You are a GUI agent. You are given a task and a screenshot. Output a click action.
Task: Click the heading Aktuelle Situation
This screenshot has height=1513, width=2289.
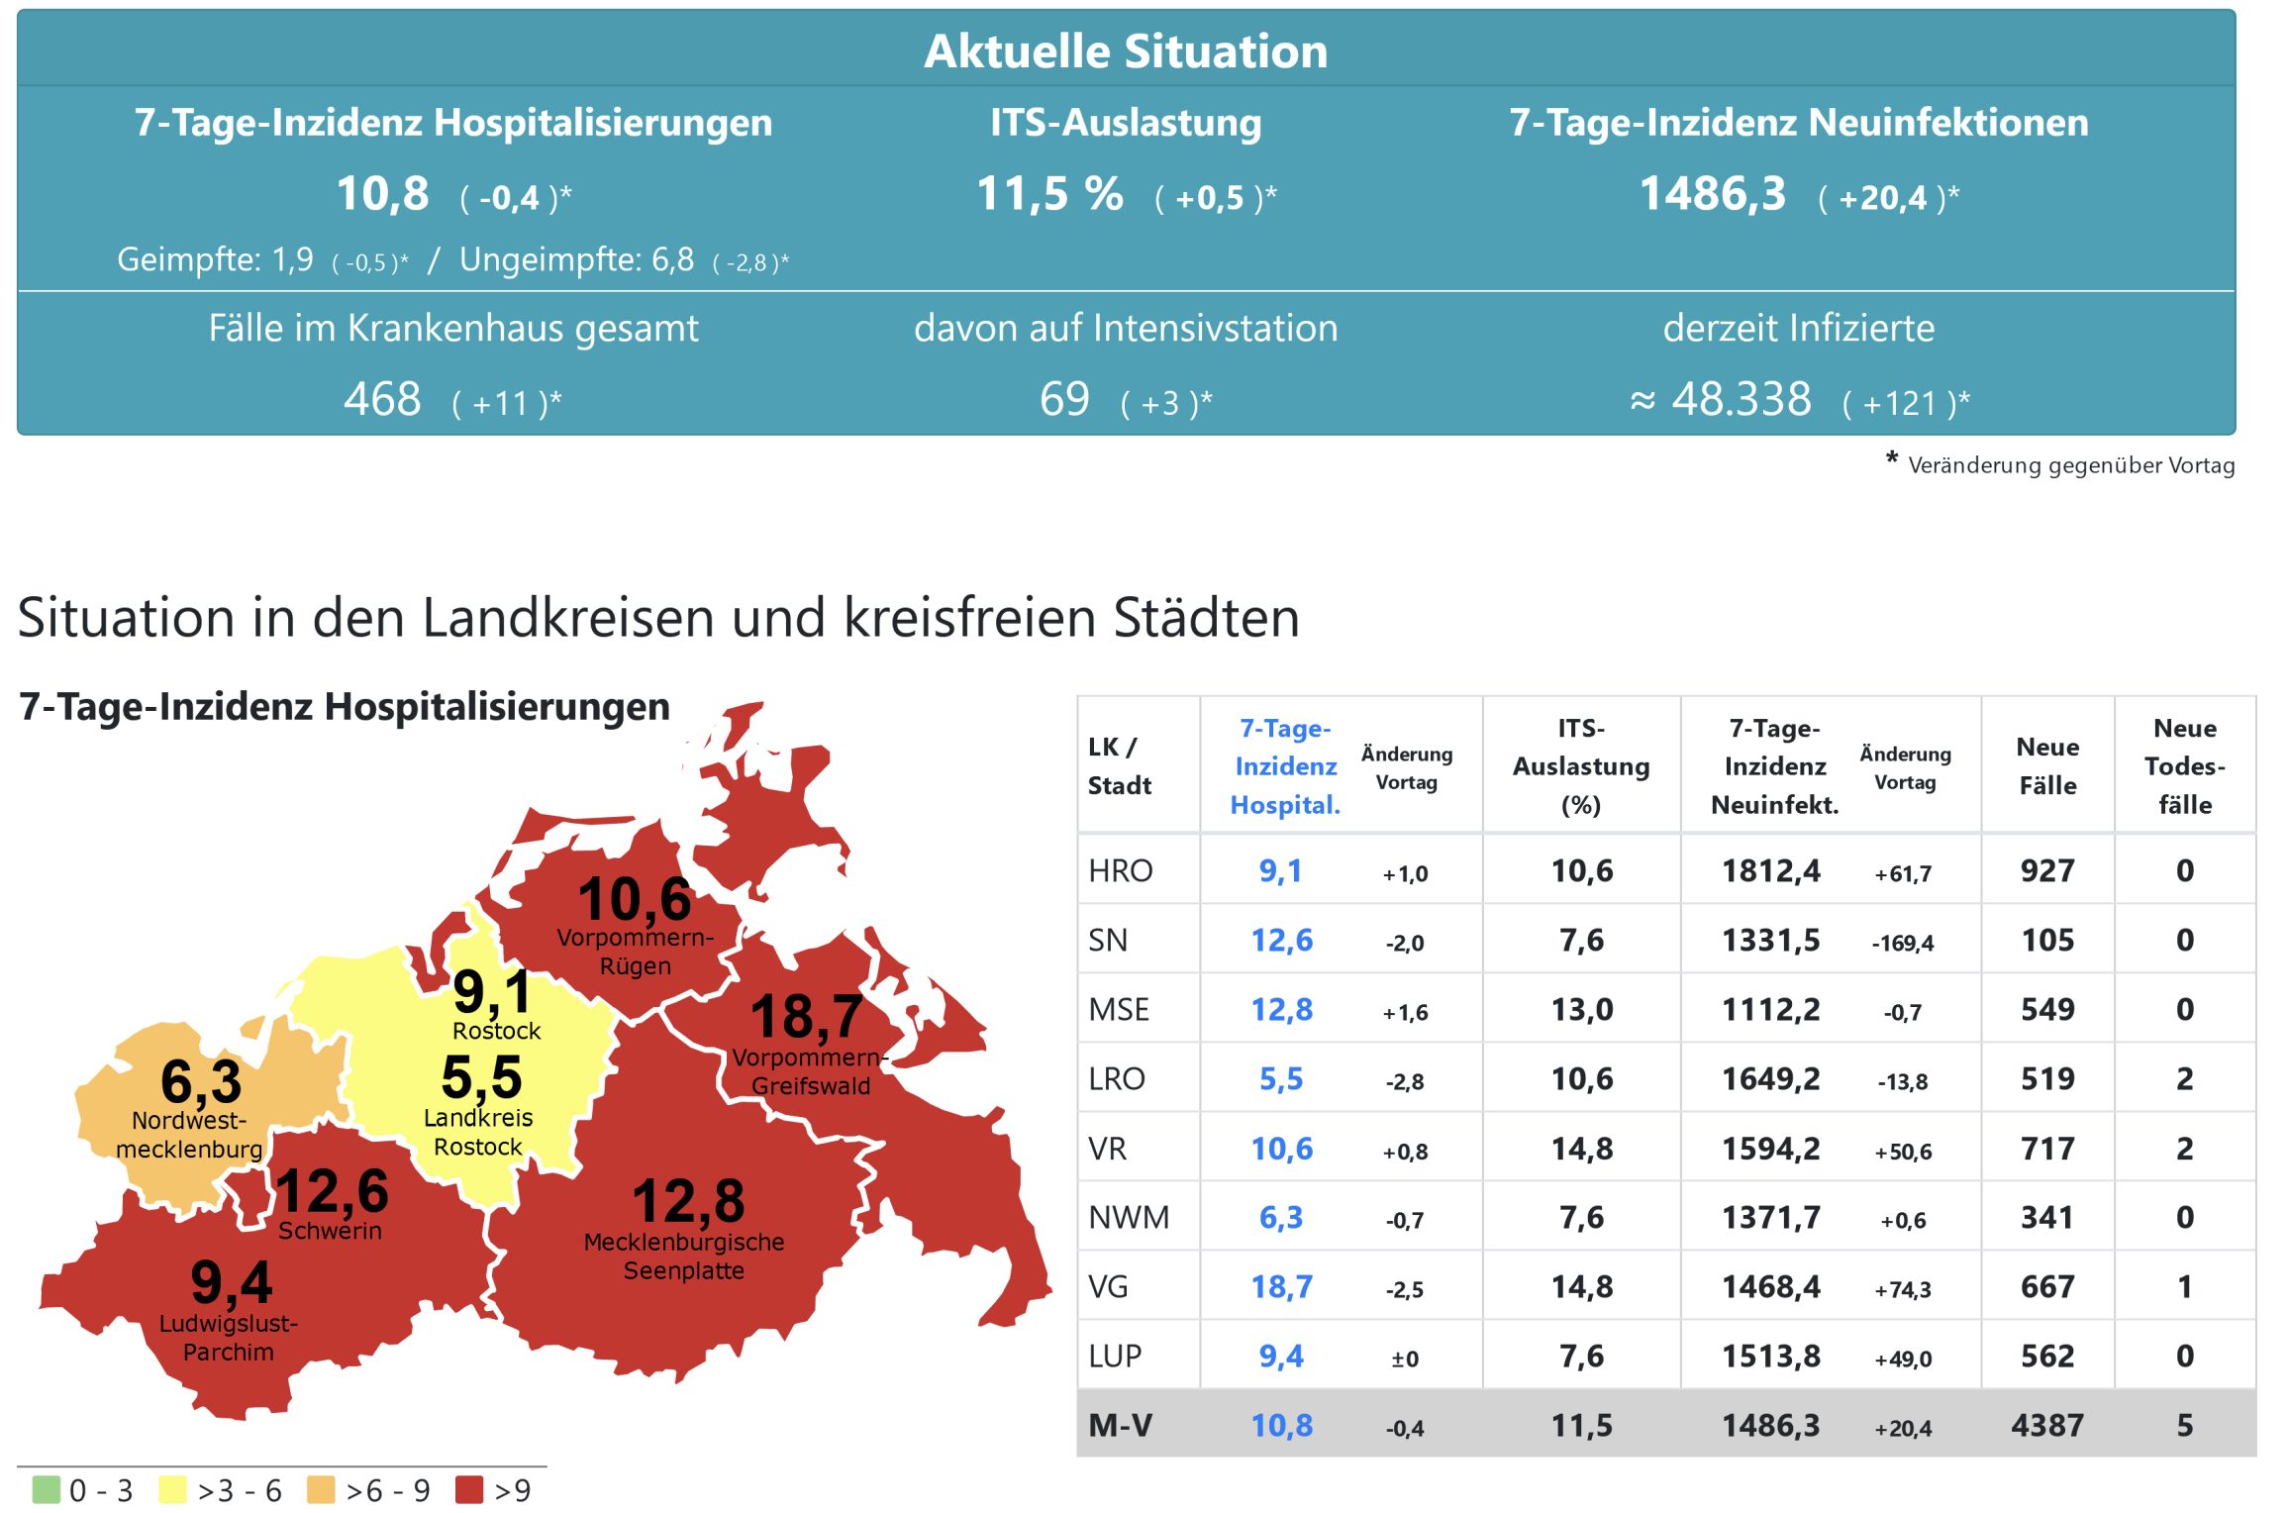coord(1126,51)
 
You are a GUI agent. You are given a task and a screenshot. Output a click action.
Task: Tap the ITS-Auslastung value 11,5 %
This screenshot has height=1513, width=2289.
coord(1049,193)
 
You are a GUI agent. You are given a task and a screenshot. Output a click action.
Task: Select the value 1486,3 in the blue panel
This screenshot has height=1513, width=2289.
coord(1713,193)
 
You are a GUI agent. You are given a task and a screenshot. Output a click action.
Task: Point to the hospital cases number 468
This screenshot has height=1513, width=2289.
coord(382,399)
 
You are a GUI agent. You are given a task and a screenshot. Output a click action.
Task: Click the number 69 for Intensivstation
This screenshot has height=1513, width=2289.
coord(1064,399)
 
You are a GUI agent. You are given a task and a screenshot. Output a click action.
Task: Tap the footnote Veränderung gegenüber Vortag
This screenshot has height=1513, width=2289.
coord(2070,465)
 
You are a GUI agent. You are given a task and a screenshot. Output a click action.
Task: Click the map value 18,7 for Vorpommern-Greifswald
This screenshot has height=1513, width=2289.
coord(806,1017)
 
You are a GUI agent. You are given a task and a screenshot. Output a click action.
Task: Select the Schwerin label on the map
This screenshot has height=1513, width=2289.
coord(330,1231)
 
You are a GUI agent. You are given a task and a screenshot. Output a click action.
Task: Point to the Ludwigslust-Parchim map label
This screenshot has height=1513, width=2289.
coord(229,1338)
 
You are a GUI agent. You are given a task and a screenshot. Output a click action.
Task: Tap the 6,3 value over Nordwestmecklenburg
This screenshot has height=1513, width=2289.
coord(201,1081)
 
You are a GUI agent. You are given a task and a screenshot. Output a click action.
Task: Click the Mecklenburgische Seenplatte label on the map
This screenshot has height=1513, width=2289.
coord(684,1256)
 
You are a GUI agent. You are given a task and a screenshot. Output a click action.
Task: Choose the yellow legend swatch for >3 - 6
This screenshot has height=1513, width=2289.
coord(173,1489)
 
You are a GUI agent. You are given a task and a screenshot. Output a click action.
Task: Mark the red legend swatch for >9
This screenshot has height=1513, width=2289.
coord(469,1489)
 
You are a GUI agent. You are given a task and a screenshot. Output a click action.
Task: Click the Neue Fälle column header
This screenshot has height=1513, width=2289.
coord(2047,765)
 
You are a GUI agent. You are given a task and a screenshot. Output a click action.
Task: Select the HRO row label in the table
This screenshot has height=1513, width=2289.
coord(1121,870)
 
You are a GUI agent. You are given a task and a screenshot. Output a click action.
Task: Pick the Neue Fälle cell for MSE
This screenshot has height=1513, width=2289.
coord(2047,1009)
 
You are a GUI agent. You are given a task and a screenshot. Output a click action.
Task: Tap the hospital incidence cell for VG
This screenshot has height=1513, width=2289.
coord(1281,1286)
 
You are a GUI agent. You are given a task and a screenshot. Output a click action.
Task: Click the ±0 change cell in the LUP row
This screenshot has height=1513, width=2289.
coord(1405,1359)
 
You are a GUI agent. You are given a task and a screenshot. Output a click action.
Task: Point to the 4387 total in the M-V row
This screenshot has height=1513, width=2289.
coord(2047,1425)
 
